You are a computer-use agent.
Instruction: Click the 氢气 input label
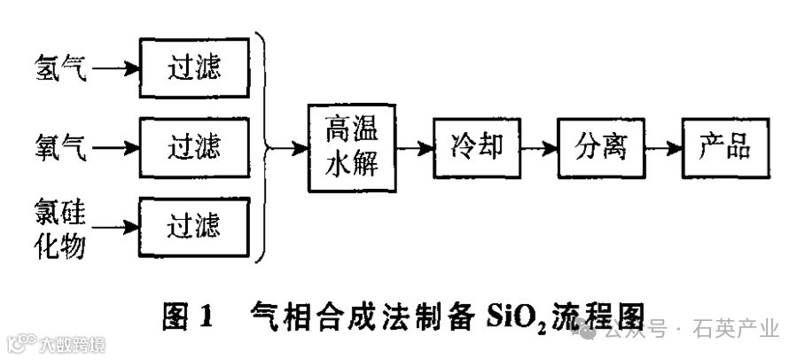61,67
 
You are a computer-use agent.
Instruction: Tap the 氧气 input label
61,145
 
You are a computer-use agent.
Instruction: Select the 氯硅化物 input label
61,230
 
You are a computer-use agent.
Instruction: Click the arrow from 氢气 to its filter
115,67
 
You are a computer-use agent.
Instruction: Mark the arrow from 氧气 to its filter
115,145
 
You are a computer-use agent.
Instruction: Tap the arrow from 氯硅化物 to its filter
115,226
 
